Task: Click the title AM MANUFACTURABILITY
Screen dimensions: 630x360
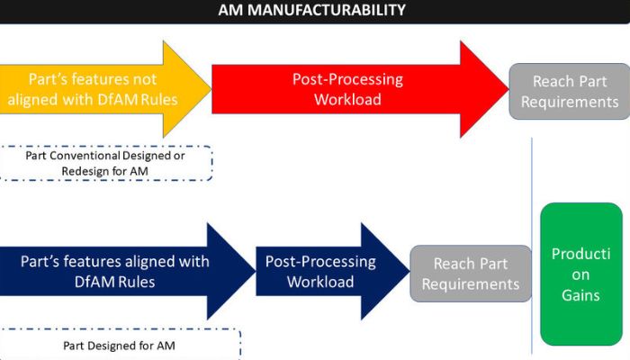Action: tap(311, 10)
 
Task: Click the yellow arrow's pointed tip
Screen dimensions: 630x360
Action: tap(211, 89)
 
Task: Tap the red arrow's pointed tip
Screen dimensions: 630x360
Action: tap(508, 89)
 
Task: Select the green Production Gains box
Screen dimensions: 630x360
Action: tap(581, 274)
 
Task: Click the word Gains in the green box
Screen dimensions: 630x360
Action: tap(581, 295)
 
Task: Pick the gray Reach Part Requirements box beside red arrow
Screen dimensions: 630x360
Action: tap(570, 91)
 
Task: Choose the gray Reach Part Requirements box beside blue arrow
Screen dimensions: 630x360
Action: tap(471, 274)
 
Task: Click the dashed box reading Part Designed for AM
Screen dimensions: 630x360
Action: tap(120, 345)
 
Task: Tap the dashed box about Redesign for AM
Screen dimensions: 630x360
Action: tap(105, 163)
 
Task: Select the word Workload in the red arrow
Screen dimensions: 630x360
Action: tap(347, 99)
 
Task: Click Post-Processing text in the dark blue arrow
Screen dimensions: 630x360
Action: tap(320, 262)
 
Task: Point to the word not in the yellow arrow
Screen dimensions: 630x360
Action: tap(145, 79)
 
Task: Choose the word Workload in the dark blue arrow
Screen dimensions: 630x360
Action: tap(320, 282)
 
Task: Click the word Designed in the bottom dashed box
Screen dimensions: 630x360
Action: tap(121, 346)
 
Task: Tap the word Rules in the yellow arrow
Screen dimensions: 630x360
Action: tap(159, 99)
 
